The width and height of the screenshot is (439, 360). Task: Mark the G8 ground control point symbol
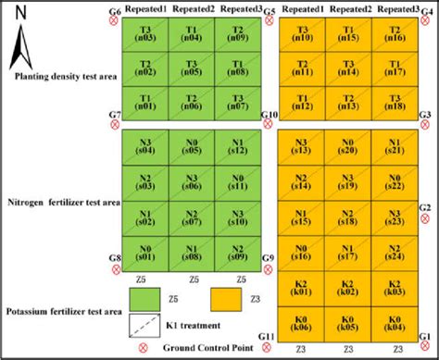tap(116, 269)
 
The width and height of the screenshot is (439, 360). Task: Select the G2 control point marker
tap(425, 220)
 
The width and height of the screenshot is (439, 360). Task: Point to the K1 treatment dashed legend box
tap(144, 325)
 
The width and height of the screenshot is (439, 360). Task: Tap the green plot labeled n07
tap(237, 102)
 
